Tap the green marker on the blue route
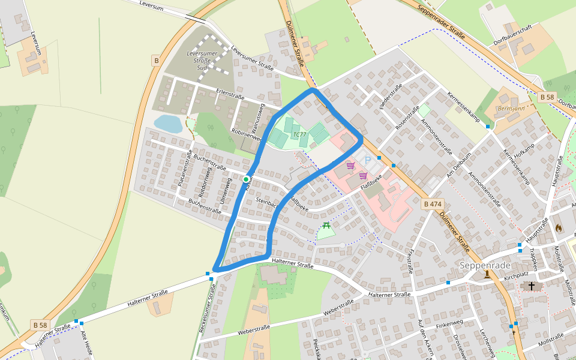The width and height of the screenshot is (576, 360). coord(246,179)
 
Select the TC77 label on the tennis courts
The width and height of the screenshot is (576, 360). coord(300,134)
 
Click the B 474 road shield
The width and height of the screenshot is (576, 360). coord(433,204)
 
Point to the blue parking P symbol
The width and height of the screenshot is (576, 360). coord(367,160)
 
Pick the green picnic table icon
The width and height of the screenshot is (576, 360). coord(326,226)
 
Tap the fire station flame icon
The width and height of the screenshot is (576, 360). coord(559,228)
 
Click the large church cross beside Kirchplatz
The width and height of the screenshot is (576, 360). coord(531,286)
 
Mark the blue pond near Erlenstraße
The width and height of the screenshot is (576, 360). coord(168,124)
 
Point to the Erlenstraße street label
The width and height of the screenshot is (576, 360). coord(230,94)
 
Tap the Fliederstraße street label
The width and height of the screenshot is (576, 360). coord(391,96)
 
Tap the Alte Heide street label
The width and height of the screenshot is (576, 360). coord(86,343)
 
